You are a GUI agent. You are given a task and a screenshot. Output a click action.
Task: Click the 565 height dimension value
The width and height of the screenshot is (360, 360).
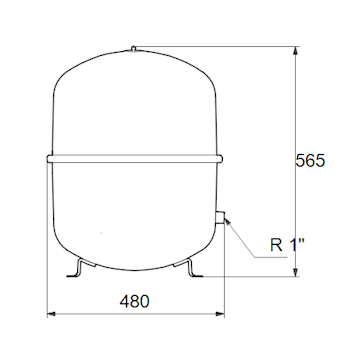pyautogui.click(x=312, y=161)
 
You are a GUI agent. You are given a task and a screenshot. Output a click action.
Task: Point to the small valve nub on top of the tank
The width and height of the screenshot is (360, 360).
pyautogui.click(x=134, y=47)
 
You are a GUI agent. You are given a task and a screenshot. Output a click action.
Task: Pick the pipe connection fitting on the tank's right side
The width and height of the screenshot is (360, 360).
pyautogui.click(x=222, y=215)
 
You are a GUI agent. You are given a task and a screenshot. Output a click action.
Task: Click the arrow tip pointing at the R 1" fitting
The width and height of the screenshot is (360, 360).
pyautogui.click(x=228, y=219)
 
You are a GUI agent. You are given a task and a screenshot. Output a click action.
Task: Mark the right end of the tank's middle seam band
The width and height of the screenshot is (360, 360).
pyautogui.click(x=220, y=156)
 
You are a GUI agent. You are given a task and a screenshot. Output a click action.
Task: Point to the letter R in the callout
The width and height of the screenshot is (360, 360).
pyautogui.click(x=276, y=243)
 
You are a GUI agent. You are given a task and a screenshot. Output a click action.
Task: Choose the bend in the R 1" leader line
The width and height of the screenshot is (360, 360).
pyautogui.click(x=256, y=258)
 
